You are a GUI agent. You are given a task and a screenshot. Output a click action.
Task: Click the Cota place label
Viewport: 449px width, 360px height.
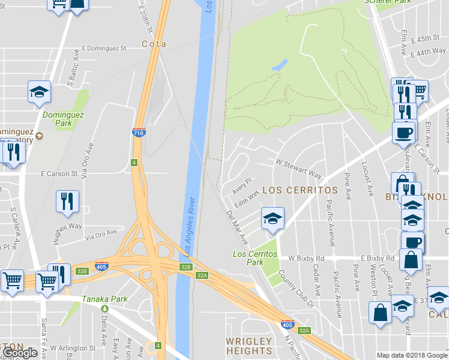[x=153, y=44]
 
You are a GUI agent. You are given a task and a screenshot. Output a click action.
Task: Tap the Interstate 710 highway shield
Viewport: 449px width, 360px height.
[x=137, y=133]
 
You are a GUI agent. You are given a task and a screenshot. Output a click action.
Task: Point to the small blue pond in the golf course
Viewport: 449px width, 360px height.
[x=279, y=65]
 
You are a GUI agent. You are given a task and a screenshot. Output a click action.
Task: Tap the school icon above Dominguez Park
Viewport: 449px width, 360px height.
[x=39, y=92]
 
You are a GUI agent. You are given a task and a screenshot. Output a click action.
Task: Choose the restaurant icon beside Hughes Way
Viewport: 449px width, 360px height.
[x=67, y=202]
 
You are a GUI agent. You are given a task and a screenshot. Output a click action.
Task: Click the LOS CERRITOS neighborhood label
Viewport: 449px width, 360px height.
[x=300, y=190]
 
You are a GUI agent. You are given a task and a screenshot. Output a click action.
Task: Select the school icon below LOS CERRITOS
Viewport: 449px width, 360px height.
[x=273, y=218]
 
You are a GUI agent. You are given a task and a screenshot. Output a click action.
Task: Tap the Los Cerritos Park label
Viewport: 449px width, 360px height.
[x=256, y=258]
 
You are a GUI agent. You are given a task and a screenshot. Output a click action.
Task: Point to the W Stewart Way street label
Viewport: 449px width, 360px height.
[x=298, y=167]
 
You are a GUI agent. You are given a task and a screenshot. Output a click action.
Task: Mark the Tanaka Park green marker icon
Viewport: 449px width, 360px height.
[x=104, y=308]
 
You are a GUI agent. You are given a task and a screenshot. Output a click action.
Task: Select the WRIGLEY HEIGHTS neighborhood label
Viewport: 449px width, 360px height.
[x=249, y=346]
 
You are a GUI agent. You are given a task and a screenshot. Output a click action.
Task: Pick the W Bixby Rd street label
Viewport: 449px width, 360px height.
[x=306, y=258]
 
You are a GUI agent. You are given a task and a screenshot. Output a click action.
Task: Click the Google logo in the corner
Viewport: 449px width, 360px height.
[x=19, y=353]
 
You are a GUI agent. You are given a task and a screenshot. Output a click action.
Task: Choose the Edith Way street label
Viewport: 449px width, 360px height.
[x=247, y=197]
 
